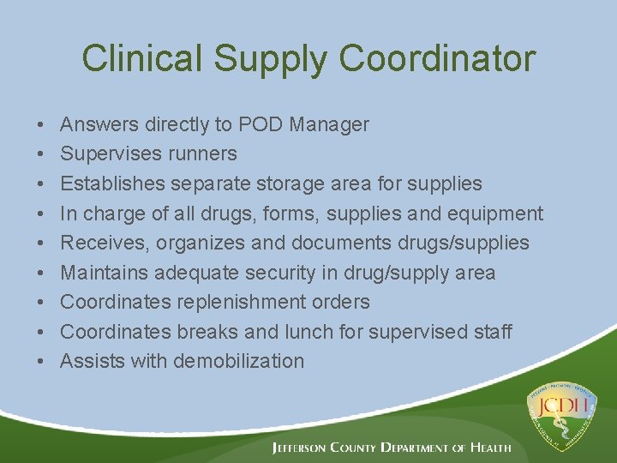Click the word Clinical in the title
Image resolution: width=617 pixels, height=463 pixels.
click(x=141, y=58)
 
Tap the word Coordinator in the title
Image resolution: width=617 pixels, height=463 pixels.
click(x=437, y=58)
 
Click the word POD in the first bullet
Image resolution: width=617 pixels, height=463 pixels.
click(x=261, y=124)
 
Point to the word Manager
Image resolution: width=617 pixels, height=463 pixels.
click(x=329, y=125)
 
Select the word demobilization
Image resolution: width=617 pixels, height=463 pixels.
click(x=238, y=361)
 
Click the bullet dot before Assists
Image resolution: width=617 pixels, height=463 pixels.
click(x=42, y=362)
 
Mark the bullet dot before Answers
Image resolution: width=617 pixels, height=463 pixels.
click(x=42, y=125)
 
